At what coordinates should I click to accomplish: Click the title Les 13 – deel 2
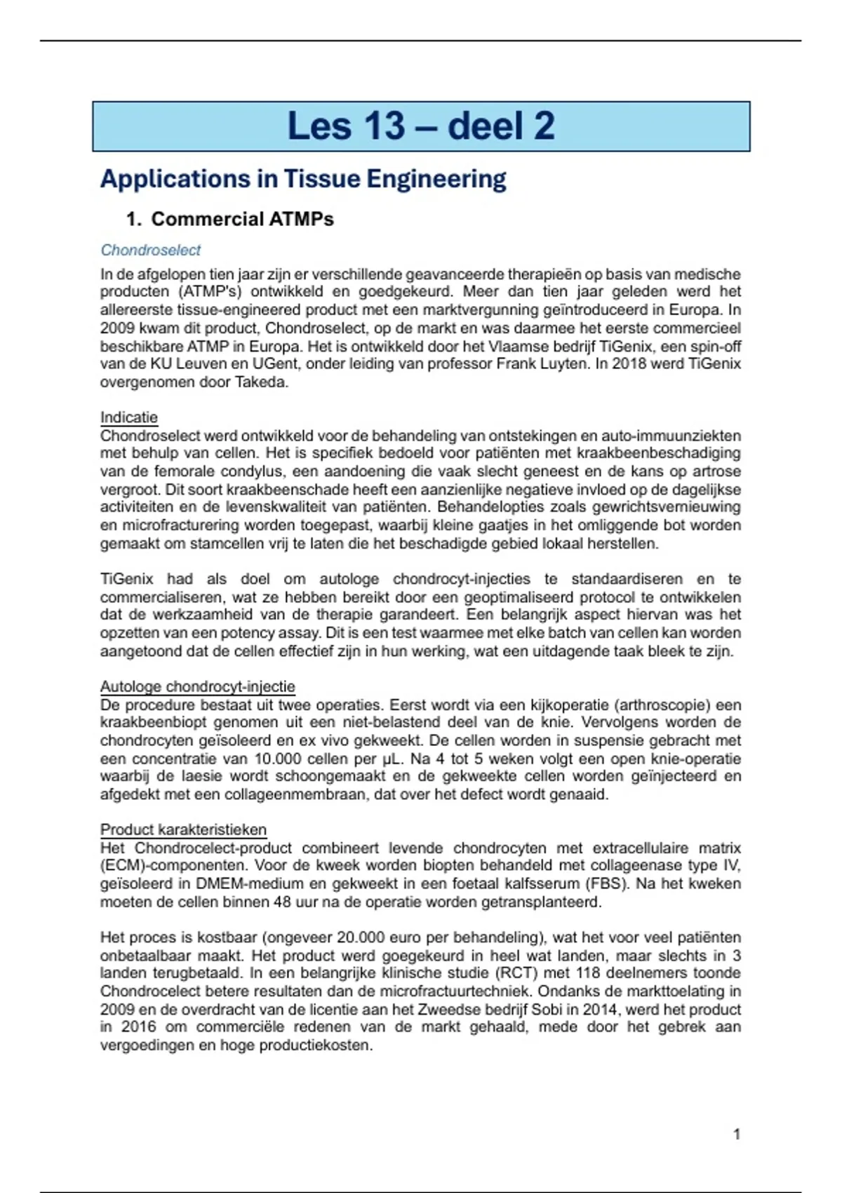421,126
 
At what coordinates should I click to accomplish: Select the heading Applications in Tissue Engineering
302,179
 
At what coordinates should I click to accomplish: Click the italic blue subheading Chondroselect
150,250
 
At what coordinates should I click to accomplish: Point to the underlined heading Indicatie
128,418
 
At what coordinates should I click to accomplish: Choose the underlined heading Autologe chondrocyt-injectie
197,686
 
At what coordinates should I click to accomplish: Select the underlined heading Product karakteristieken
183,829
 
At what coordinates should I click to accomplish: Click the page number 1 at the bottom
737,1134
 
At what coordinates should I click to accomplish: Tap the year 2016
139,1027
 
